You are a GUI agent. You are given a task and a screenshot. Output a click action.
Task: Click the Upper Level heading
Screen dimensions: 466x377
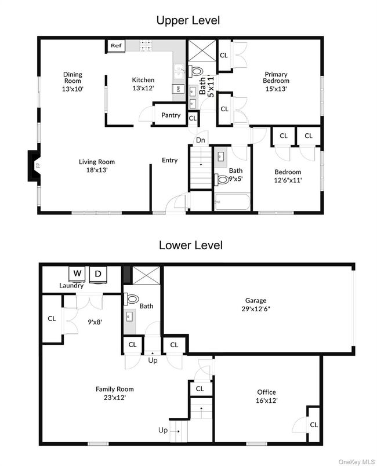point(188,21)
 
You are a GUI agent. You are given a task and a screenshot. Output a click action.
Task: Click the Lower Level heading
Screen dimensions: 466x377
point(190,245)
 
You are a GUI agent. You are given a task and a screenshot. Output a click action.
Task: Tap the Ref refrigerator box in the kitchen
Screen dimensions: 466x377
point(116,45)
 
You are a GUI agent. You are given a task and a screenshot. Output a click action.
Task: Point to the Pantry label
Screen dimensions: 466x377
point(171,115)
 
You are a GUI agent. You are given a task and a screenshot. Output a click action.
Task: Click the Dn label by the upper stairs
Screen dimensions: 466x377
point(200,140)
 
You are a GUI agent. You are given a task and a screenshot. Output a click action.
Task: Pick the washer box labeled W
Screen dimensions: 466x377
point(77,273)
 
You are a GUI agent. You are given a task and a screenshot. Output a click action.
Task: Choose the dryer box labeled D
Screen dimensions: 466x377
point(98,273)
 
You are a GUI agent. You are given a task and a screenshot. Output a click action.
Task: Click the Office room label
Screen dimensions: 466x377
point(267,392)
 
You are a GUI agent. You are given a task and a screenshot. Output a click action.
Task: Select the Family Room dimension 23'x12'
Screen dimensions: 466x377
point(115,398)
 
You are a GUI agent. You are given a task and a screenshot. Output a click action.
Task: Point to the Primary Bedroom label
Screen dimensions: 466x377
point(276,77)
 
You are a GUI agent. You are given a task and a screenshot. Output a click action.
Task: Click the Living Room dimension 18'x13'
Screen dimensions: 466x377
point(97,170)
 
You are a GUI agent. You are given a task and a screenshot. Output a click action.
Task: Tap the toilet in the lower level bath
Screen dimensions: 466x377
point(132,300)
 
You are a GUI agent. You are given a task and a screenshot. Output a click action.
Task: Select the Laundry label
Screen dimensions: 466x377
point(71,285)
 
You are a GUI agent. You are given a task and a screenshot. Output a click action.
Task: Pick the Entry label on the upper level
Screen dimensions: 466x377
point(170,161)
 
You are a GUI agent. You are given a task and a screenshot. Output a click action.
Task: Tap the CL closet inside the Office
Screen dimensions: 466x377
point(313,424)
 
